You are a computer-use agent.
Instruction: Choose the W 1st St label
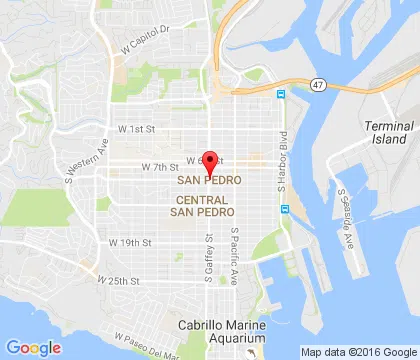point(137,129)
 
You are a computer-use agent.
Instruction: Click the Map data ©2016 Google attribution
point(359,352)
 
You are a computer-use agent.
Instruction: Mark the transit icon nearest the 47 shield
point(281,95)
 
